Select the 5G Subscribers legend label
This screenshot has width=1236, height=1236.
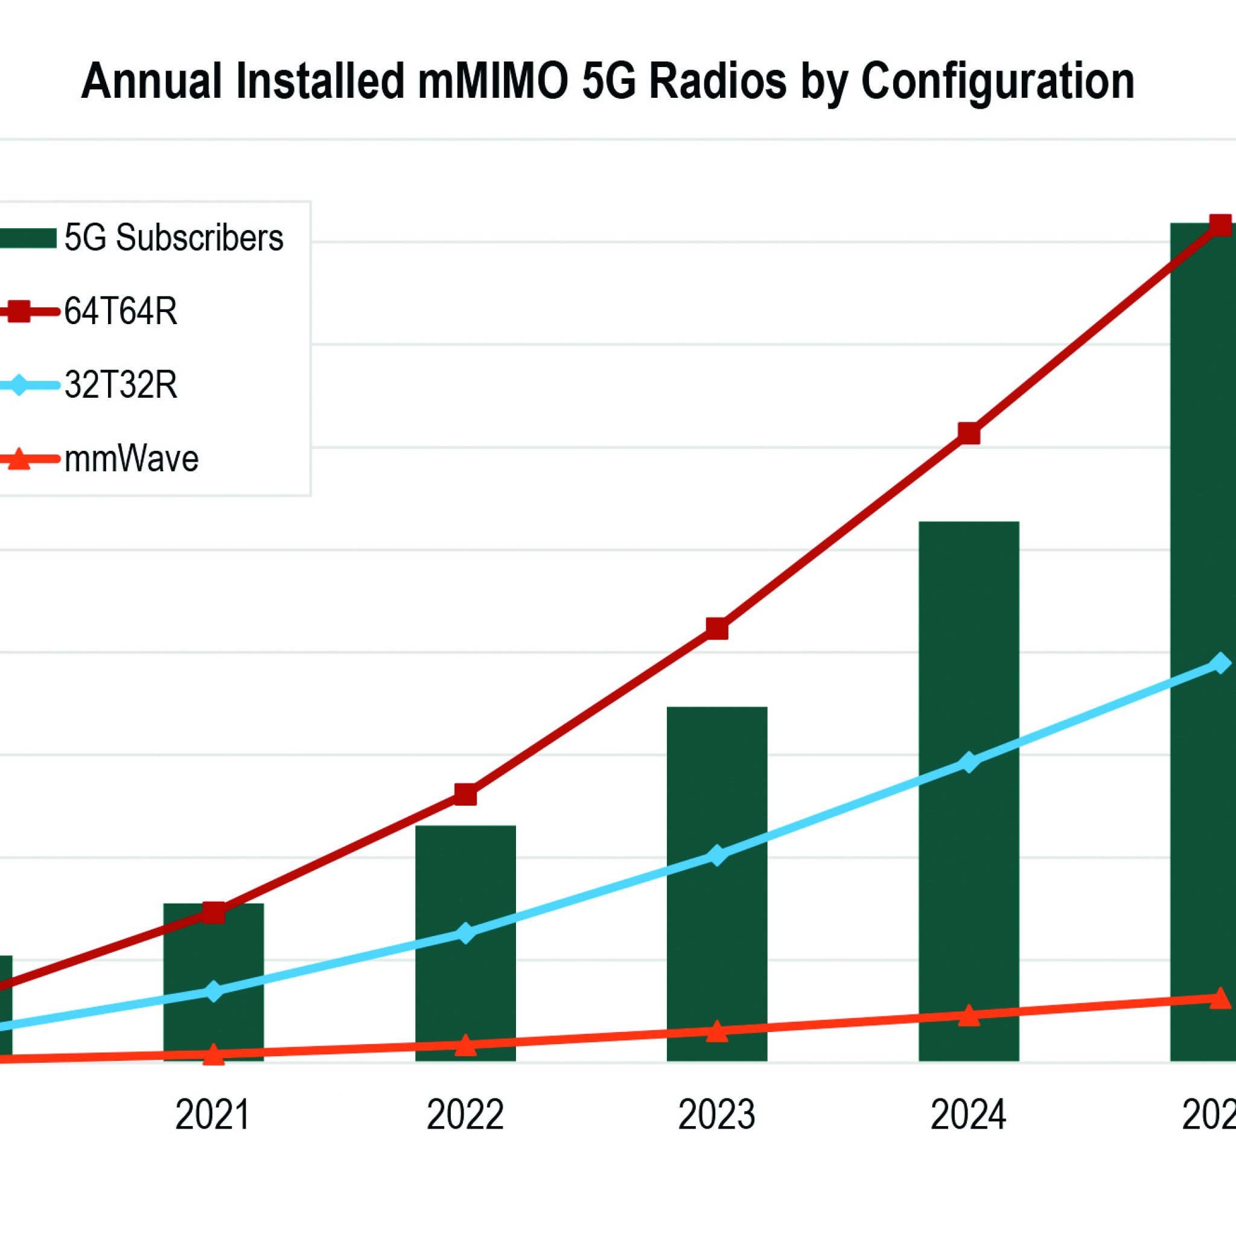[173, 238]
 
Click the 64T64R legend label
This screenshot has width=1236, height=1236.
[120, 312]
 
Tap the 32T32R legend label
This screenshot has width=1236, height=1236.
[120, 385]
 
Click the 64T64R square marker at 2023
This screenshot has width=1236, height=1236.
[717, 629]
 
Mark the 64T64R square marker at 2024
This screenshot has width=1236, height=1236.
[969, 433]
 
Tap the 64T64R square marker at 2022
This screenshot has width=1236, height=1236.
[465, 795]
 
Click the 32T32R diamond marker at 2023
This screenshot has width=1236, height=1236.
[717, 855]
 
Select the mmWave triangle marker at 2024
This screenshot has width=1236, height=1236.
[969, 1015]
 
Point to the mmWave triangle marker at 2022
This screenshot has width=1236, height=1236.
[465, 1045]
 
